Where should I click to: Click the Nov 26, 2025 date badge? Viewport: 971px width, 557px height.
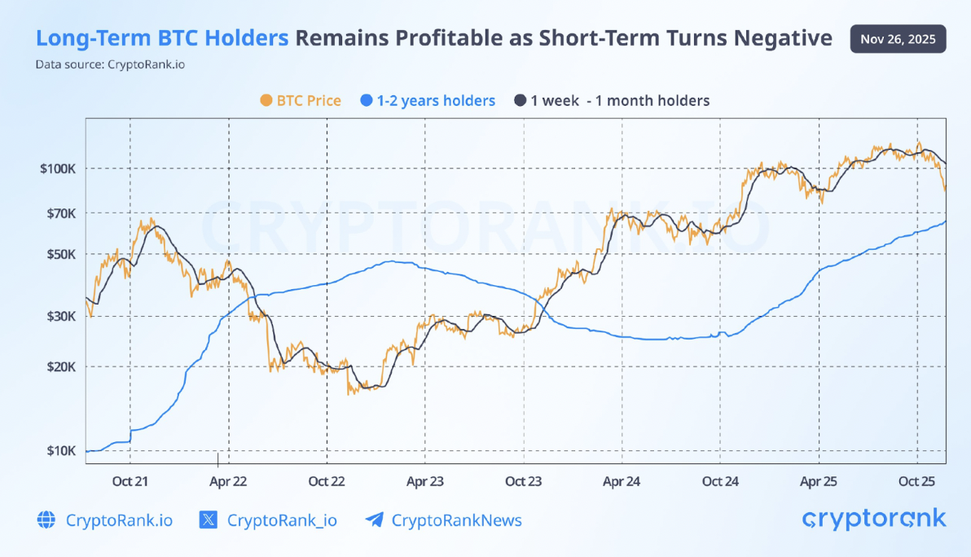[898, 38]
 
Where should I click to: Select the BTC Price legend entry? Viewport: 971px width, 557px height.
[300, 101]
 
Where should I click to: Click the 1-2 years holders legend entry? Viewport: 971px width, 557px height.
[427, 101]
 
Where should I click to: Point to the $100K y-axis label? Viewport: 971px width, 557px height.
[59, 169]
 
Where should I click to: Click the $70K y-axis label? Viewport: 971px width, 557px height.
[60, 213]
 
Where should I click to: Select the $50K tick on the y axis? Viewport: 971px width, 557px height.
[60, 254]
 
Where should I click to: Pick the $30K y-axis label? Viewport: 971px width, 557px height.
[60, 316]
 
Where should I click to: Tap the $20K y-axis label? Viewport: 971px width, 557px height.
[60, 366]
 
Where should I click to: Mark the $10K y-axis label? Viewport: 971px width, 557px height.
[60, 451]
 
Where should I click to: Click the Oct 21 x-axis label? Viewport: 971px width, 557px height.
[131, 481]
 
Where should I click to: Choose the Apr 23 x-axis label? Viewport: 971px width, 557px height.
[425, 481]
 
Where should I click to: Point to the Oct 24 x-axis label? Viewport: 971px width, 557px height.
[720, 481]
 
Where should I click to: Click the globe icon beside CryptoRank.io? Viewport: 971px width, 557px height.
[46, 520]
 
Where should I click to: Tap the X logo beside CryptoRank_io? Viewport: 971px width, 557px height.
[209, 520]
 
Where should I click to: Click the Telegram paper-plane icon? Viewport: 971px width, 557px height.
[374, 520]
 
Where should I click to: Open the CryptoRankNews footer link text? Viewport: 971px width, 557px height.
[456, 520]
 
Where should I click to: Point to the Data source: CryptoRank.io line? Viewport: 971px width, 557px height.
[110, 64]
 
